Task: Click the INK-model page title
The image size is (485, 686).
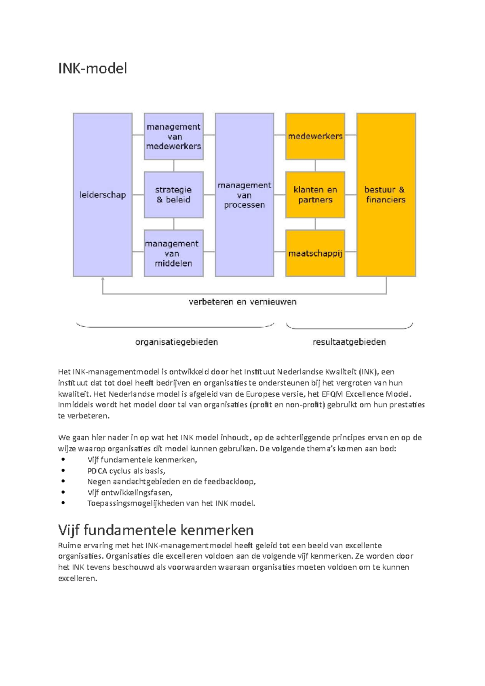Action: pos(93,68)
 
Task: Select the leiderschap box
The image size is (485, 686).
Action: pos(103,195)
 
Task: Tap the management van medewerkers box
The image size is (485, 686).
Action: pos(173,137)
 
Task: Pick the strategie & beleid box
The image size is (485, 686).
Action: pos(173,195)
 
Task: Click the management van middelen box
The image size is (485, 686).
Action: pos(173,253)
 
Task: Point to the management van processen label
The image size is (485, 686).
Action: pos(244,195)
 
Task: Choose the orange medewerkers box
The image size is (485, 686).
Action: pos(315,137)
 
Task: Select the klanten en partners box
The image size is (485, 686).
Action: pos(315,195)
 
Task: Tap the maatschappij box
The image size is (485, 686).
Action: pos(315,253)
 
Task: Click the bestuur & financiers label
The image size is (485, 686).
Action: pos(385,195)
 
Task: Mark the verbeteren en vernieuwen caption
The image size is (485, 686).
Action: pos(242,302)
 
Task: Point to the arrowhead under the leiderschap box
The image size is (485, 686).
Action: pos(103,279)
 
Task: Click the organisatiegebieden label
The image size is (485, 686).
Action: pos(176,342)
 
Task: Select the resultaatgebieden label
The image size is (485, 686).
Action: pos(349,342)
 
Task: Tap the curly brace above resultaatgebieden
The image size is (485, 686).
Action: pos(349,328)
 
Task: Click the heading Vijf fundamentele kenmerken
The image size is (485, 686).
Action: pos(156,530)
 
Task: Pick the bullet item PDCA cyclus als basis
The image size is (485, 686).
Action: pos(126,471)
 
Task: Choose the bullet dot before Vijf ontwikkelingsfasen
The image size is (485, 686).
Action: pos(63,492)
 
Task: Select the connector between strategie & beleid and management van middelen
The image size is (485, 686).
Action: pos(174,224)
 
